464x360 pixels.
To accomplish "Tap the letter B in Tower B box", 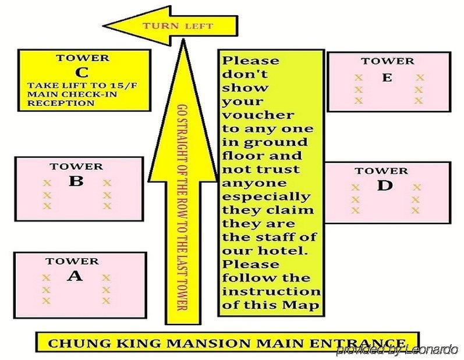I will [x=76, y=181].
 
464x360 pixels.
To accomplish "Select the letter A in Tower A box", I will [x=75, y=276].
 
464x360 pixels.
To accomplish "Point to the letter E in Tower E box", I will [x=387, y=77].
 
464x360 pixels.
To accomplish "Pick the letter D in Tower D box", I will [x=384, y=186].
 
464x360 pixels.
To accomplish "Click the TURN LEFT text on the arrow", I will [x=178, y=26].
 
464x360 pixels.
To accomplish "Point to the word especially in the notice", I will [x=266, y=197].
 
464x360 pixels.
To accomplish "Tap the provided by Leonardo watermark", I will [x=397, y=350].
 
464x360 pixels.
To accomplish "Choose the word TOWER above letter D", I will [x=381, y=170].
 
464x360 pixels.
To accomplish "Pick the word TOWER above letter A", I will [x=72, y=261].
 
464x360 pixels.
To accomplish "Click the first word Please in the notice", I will [x=251, y=60].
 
